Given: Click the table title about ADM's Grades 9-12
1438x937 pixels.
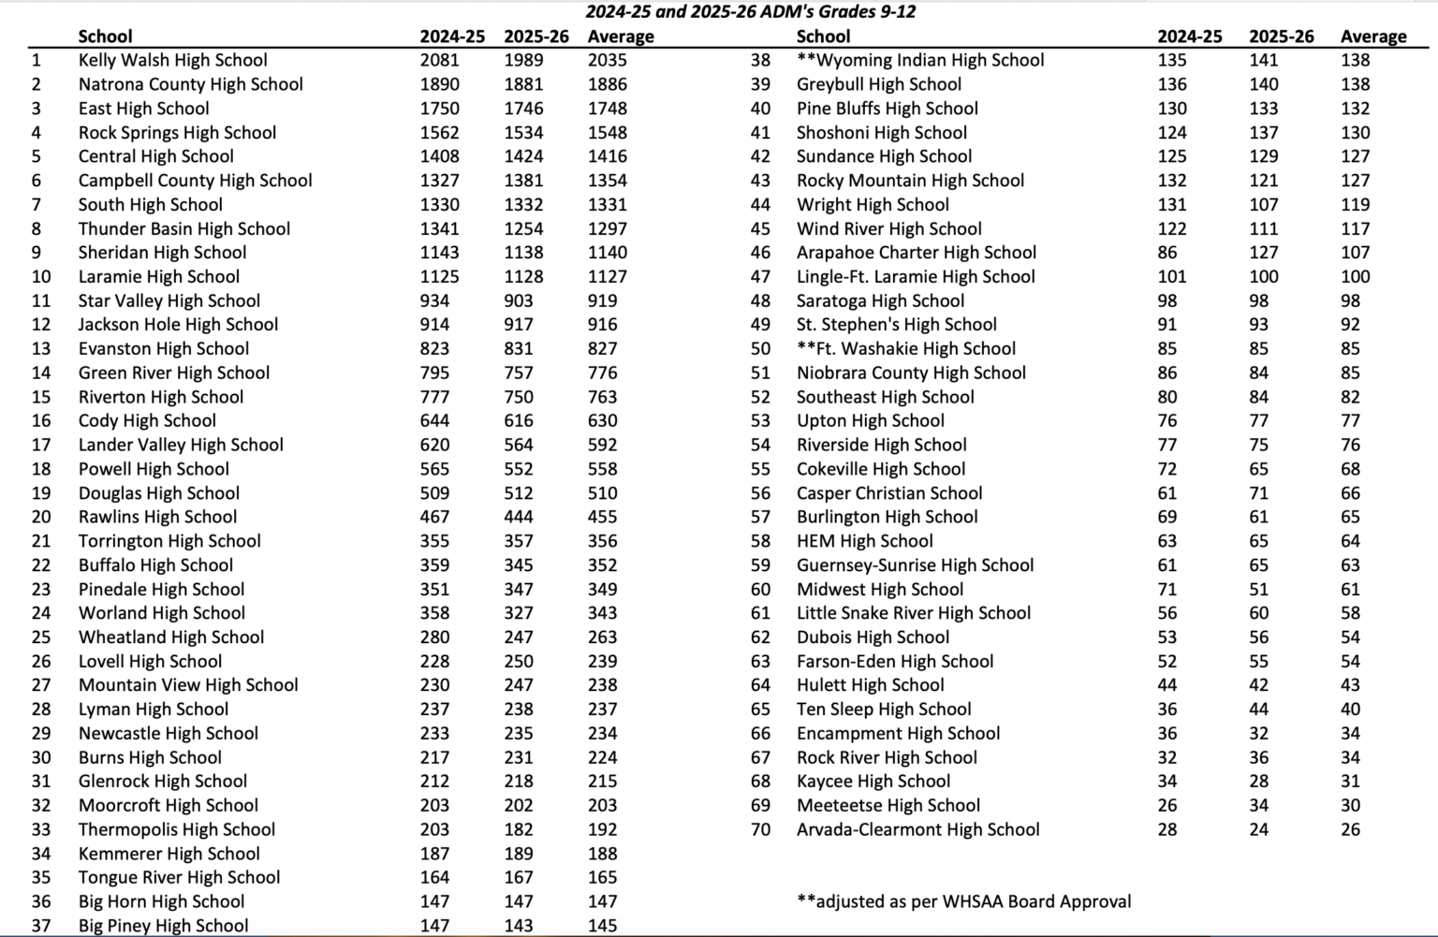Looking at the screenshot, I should tap(750, 12).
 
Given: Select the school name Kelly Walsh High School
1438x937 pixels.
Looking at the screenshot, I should tap(172, 60).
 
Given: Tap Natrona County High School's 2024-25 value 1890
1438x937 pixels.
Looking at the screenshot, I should tap(439, 84).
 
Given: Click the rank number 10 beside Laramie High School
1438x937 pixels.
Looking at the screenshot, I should tap(41, 277).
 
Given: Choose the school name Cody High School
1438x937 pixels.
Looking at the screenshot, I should tap(147, 421).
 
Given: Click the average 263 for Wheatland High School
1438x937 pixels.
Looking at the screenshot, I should tap(602, 637).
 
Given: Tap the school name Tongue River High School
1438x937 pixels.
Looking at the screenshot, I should tap(179, 878).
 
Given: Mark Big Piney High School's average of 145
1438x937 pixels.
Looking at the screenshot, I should tap(602, 926).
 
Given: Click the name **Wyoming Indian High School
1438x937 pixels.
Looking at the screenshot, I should tap(919, 60).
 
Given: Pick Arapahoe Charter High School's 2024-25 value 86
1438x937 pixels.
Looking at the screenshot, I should tap(1167, 253).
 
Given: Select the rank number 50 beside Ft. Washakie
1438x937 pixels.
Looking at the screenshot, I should tap(760, 349).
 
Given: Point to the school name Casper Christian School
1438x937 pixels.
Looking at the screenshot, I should tap(888, 493).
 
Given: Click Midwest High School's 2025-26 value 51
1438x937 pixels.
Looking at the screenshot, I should tap(1258, 590).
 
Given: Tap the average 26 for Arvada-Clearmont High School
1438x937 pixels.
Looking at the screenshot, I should tap(1349, 830).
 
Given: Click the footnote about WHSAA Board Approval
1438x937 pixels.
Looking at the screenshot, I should tap(963, 902).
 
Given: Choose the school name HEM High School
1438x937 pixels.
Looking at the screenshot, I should tap(864, 541).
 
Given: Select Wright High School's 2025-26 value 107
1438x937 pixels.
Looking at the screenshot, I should tap(1263, 205).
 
